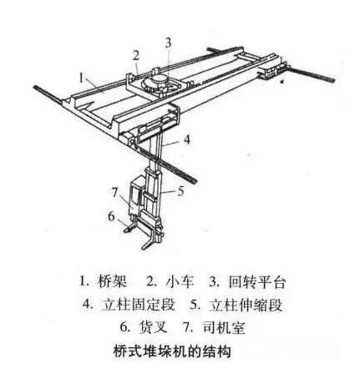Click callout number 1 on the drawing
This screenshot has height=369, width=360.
81,78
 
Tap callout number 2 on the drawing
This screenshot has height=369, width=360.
135,56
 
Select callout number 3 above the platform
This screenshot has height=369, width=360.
168,43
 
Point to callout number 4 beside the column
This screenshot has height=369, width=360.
188,139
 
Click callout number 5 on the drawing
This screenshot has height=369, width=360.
180,191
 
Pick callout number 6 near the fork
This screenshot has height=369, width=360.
111,216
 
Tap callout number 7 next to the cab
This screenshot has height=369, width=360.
115,193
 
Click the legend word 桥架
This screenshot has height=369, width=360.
113,282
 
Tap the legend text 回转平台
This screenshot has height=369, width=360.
256,282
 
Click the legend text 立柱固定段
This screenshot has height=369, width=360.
138,305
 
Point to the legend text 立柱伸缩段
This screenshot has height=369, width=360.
246,305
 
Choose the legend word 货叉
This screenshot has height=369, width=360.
153,327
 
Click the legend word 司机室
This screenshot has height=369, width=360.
223,327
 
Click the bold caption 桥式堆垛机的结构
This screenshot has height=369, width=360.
172,351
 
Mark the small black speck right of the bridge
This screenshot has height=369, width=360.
283,82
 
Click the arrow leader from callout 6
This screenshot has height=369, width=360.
123,223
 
